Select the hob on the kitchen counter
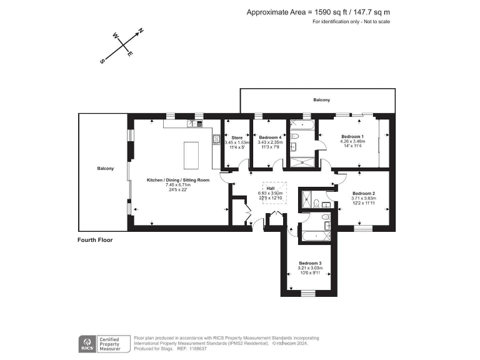200,124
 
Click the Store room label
237,137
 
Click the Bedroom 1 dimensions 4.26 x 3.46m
352,142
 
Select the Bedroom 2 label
363,193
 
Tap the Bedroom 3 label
309,263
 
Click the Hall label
271,187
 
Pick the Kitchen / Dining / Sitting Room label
178,180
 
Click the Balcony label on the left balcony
105,169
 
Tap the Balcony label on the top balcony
321,100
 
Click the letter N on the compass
141,30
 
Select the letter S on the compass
102,61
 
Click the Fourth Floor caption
94,240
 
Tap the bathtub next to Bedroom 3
317,236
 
